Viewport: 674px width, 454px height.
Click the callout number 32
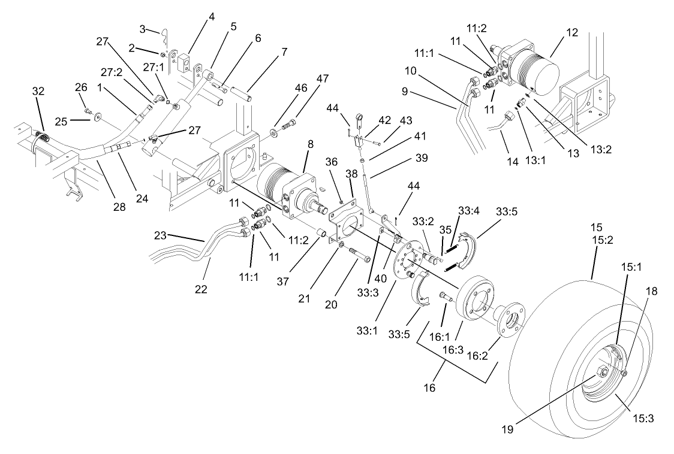38,91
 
